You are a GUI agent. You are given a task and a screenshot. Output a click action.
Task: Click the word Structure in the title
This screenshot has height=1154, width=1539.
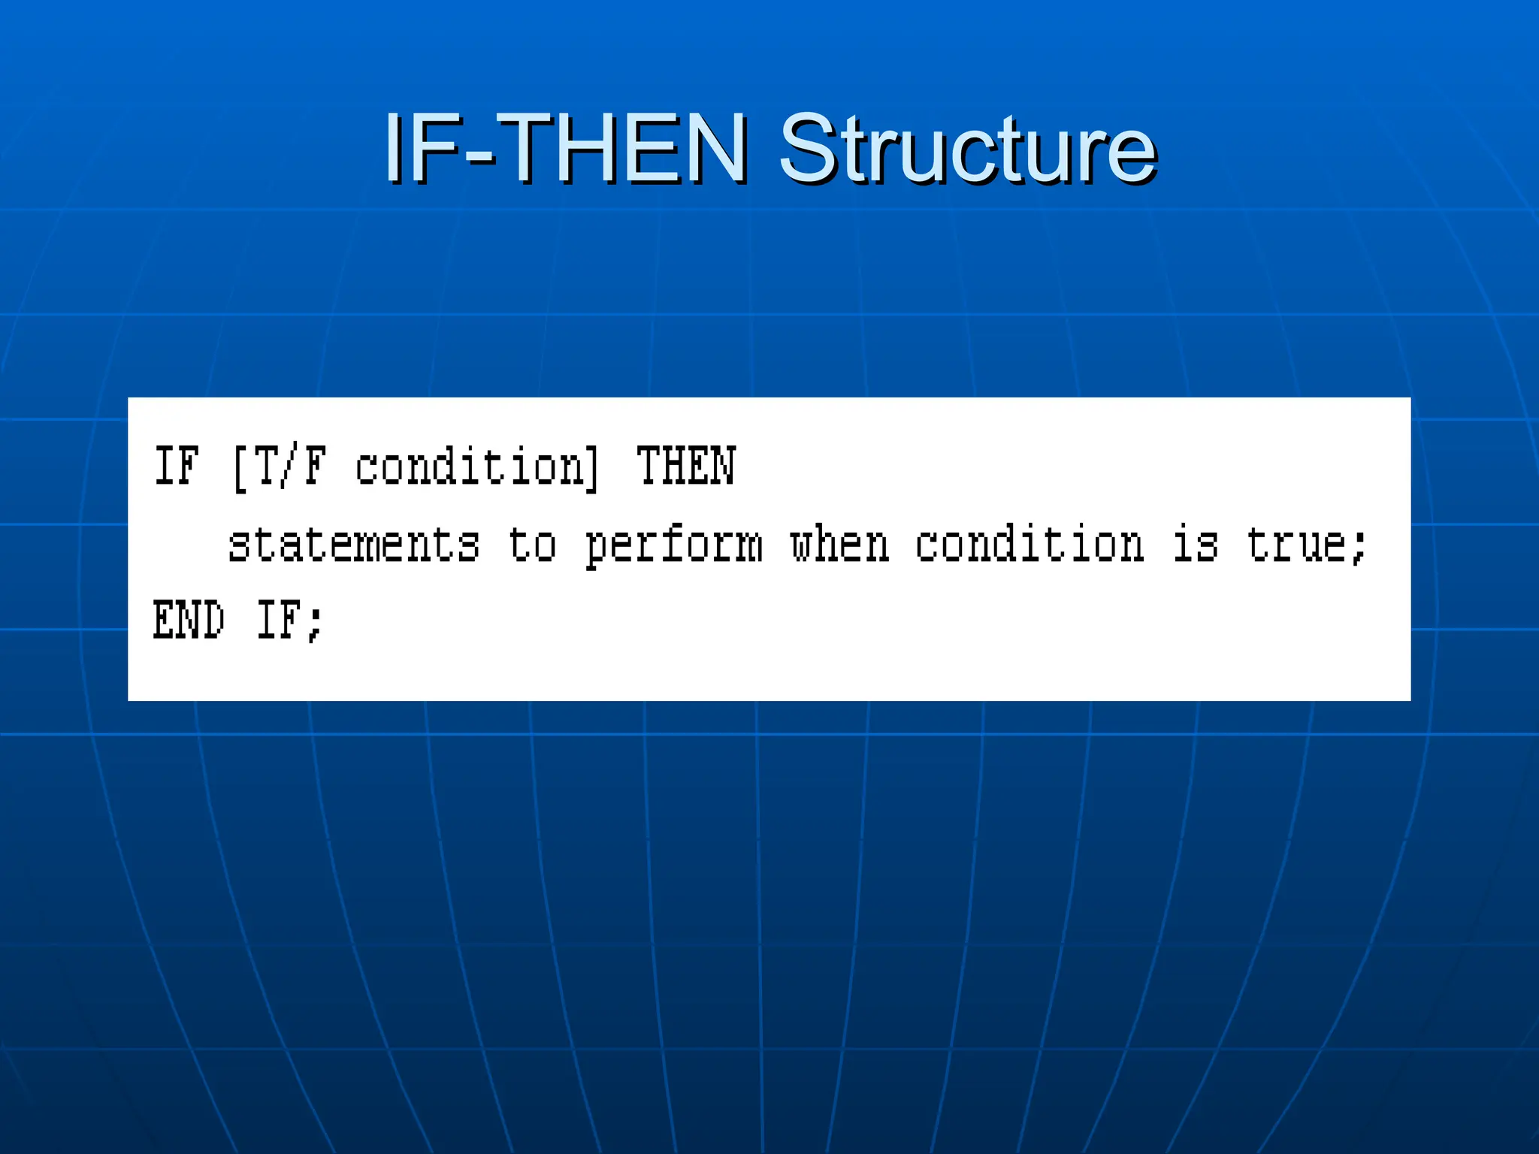967,148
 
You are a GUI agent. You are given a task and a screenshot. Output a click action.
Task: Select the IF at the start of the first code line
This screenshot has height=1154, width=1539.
177,466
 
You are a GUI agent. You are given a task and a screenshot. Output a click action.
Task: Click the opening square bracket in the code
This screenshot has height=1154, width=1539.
240,468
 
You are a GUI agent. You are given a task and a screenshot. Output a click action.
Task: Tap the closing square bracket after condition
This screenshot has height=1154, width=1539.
593,468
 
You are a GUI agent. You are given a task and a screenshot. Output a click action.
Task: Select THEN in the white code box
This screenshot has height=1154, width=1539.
685,466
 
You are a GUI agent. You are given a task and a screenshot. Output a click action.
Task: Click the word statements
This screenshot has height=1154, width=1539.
353,544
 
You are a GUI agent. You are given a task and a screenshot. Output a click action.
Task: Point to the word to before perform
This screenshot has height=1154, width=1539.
532,544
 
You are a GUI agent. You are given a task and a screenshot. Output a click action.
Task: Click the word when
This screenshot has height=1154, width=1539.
839,544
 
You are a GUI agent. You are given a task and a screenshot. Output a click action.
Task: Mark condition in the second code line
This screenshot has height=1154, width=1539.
1030,544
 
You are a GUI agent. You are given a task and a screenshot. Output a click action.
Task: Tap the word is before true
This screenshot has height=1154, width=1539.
1195,544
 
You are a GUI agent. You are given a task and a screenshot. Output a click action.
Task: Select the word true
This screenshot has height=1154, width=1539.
1296,544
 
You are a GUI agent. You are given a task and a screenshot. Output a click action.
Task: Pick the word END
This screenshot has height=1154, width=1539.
189,621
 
